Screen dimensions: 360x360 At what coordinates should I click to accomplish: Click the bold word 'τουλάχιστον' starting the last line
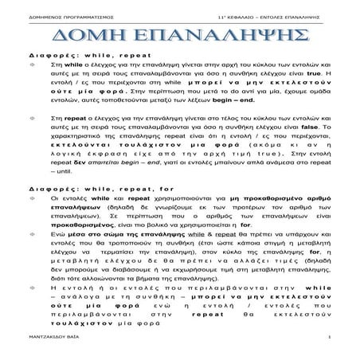click(x=76, y=325)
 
